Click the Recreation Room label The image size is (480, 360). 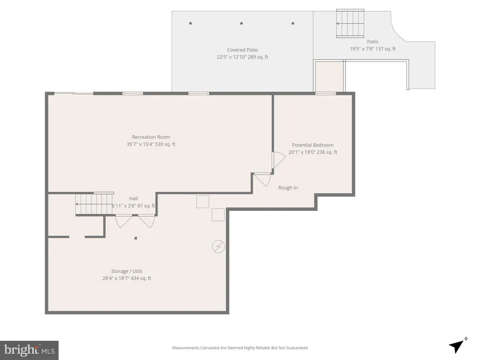pyautogui.click(x=151, y=137)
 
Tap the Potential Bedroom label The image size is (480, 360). pyautogui.click(x=313, y=145)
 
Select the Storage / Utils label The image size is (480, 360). pyautogui.click(x=127, y=271)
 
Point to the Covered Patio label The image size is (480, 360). pyautogui.click(x=242, y=50)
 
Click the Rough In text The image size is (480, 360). pyautogui.click(x=288, y=187)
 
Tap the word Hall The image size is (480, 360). pyautogui.click(x=134, y=199)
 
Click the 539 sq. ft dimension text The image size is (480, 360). pyautogui.click(x=165, y=144)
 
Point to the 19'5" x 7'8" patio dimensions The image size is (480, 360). pyautogui.click(x=362, y=49)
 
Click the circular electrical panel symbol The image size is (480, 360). pyautogui.click(x=218, y=247)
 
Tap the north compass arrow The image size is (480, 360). pyautogui.click(x=457, y=346)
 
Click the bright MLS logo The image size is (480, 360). pyautogui.click(x=30, y=350)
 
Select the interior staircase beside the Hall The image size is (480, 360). pyautogui.click(x=94, y=204)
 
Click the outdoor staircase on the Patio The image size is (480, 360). pyautogui.click(x=350, y=23)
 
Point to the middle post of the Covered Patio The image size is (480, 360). pyautogui.click(x=241, y=23)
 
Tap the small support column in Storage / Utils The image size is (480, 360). pyautogui.click(x=135, y=238)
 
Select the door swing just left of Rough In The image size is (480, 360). pyautogui.click(x=262, y=180)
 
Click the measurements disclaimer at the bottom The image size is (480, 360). pyautogui.click(x=240, y=348)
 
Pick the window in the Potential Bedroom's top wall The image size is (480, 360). pyautogui.click(x=326, y=93)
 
